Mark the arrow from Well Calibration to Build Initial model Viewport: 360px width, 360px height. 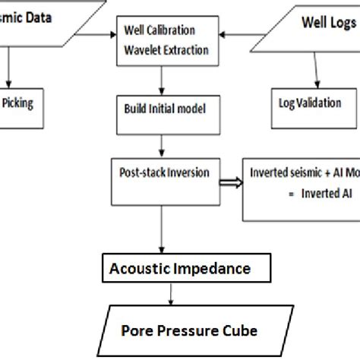pyautogui.click(x=159, y=79)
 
